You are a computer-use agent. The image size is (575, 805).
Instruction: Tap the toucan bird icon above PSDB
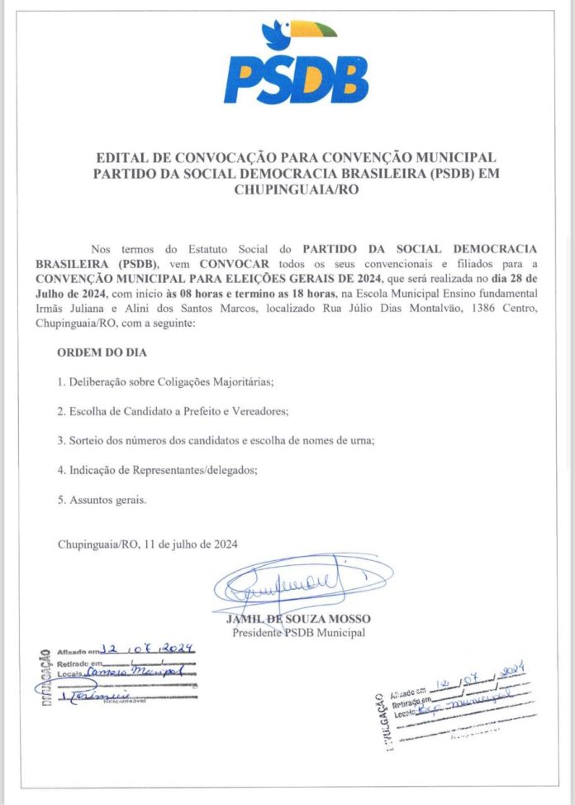click(298, 34)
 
